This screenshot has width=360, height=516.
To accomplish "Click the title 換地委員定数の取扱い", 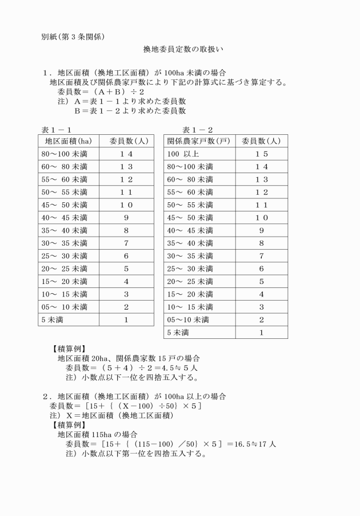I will tap(183, 50).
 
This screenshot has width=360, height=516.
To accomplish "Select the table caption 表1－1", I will tap(57, 130).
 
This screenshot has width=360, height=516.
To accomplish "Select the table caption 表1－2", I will tap(197, 130).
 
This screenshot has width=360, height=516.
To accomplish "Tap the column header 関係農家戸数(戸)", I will tap(199, 141).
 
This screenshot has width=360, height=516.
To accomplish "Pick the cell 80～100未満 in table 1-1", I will tap(65, 154).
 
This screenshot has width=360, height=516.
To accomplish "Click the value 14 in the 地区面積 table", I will tap(126, 154).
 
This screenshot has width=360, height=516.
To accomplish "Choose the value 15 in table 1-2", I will tap(261, 154).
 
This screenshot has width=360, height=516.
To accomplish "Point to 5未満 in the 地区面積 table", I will tap(52, 319).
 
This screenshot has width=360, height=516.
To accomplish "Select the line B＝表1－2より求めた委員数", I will tap(130, 111).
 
